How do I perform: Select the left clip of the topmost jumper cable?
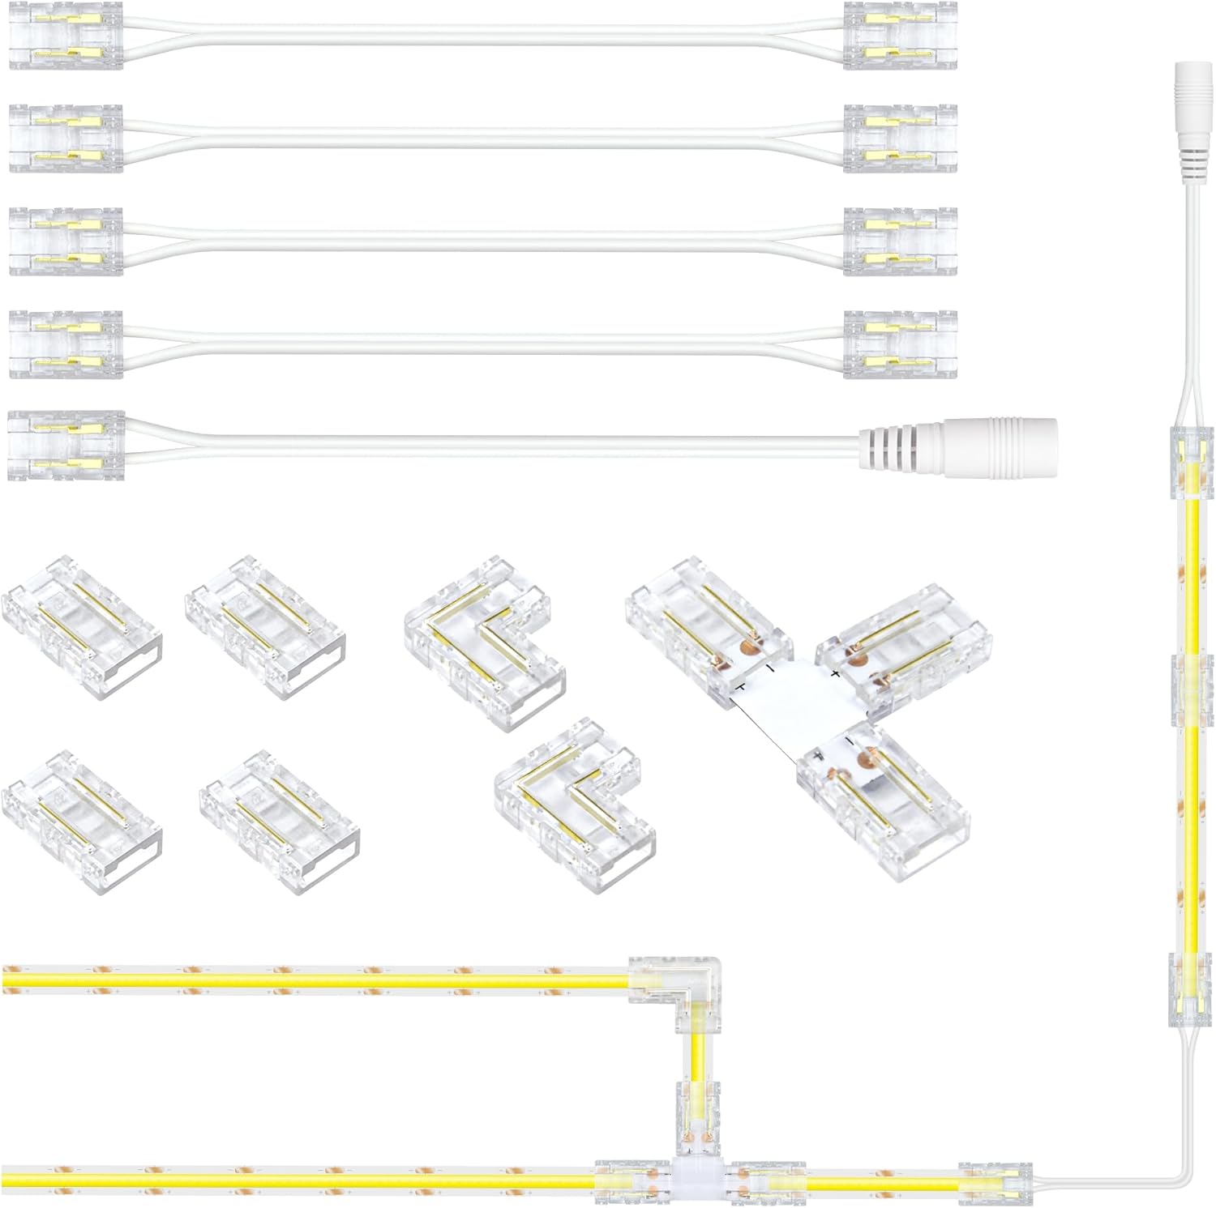(x=66, y=35)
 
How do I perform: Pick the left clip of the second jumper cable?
(x=66, y=138)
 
